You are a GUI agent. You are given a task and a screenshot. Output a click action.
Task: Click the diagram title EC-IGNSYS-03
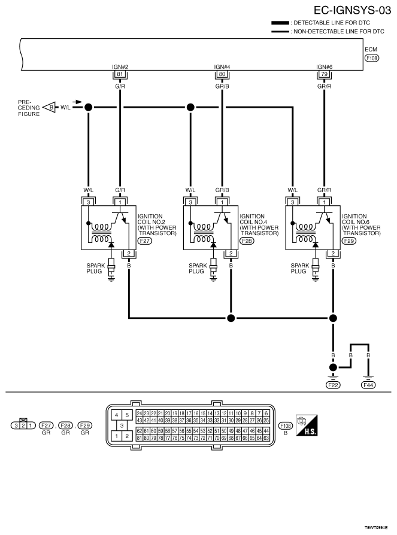[352, 10]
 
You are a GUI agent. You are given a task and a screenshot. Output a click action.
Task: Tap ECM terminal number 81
[120, 74]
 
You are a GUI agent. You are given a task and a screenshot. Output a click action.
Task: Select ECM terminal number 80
[222, 74]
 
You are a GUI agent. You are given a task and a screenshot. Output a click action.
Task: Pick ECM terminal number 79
[325, 74]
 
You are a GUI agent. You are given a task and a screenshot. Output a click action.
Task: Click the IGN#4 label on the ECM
[222, 67]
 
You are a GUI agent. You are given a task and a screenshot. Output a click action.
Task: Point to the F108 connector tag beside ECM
[372, 58]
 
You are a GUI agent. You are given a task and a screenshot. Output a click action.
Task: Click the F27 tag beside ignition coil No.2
[145, 241]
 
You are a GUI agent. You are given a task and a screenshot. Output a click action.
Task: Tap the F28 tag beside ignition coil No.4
[247, 241]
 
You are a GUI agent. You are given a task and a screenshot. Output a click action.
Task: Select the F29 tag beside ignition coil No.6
[349, 241]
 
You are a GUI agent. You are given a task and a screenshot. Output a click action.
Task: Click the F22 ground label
[333, 385]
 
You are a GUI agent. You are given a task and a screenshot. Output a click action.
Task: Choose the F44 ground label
[368, 385]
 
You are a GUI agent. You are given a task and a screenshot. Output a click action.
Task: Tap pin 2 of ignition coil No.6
[333, 253]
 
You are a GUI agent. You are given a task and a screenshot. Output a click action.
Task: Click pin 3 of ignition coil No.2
[89, 202]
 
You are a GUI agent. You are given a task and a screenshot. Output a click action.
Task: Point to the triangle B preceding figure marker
[50, 107]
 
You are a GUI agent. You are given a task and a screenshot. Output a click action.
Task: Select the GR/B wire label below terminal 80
[222, 86]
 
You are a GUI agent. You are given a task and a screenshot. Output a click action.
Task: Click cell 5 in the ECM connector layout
[127, 415]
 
